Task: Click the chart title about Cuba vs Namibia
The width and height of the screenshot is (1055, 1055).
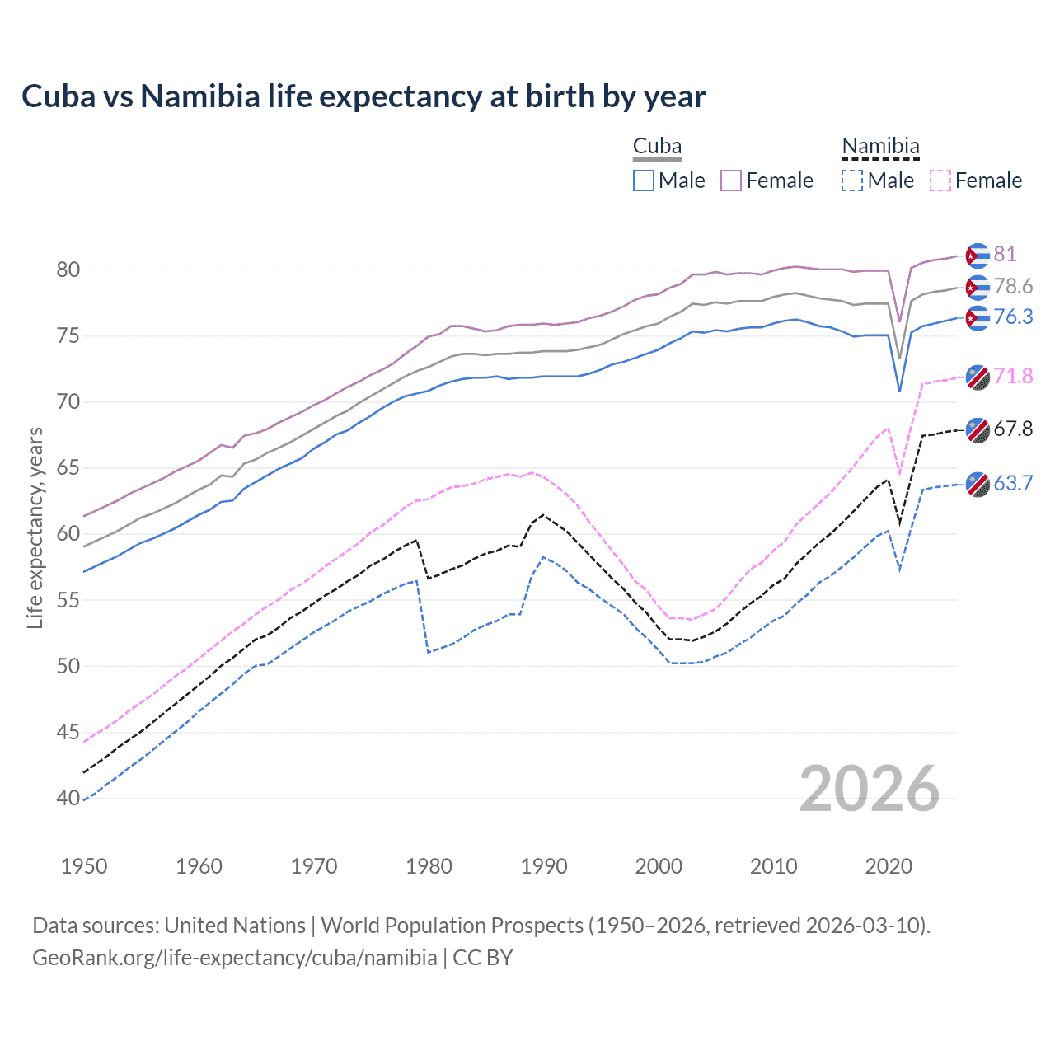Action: coord(363,96)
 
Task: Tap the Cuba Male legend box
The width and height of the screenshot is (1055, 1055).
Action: coord(644,181)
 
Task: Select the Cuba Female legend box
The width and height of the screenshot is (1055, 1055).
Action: coord(731,181)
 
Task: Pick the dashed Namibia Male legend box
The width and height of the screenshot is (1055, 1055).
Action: coord(852,181)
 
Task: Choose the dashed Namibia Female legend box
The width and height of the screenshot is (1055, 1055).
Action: coord(940,181)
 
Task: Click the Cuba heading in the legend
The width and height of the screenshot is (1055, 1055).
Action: coord(657,147)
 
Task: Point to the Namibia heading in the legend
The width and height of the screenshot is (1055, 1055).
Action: coord(880,147)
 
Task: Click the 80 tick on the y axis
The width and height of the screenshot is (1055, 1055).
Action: coord(68,270)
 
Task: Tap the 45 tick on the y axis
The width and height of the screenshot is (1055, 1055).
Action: coord(68,732)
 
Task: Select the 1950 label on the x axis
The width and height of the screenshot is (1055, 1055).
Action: coord(84,866)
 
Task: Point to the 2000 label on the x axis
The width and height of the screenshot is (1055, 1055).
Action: coord(659,866)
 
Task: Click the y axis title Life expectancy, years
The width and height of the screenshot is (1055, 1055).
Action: coord(35,527)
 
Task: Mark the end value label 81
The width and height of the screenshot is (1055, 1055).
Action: coord(1005,254)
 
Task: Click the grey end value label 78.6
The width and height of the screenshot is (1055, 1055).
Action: coord(1013,286)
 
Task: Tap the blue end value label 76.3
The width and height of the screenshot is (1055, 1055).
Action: coord(1013,316)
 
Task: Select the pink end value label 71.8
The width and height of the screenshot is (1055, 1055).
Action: coord(1013,376)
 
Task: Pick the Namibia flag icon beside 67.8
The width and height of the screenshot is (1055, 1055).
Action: coord(978,430)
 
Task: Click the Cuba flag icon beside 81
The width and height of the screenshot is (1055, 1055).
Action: coord(978,256)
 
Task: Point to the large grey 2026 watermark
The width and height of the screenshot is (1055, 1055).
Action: coord(870,789)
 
